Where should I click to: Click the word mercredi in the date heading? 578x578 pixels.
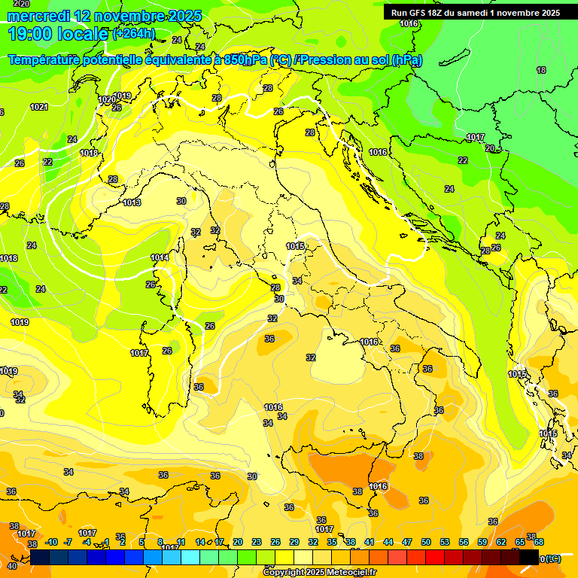[38, 16]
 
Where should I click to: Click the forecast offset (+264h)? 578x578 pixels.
[134, 34]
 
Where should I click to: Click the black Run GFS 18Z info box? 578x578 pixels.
[475, 13]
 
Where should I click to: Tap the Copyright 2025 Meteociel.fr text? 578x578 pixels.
[319, 572]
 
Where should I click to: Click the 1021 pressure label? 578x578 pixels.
[39, 107]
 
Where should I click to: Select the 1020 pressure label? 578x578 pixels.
[107, 99]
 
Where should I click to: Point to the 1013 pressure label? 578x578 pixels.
[132, 202]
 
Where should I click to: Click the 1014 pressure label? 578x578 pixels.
[159, 257]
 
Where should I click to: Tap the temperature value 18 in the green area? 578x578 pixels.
[541, 70]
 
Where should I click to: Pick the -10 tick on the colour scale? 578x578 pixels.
[51, 542]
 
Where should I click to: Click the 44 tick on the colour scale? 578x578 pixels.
[388, 542]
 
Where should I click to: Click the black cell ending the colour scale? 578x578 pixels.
[528, 557]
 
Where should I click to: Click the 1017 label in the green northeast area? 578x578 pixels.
[475, 137]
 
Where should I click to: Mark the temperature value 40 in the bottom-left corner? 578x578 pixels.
[11, 566]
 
